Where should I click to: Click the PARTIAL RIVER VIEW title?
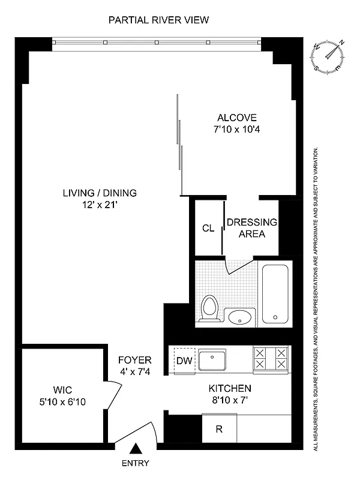(x=158, y=20)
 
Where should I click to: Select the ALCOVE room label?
(x=237, y=118)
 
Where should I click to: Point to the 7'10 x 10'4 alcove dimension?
(x=237, y=130)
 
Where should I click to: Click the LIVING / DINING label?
(x=100, y=193)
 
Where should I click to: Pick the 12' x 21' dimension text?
(x=100, y=205)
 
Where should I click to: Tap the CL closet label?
(x=208, y=228)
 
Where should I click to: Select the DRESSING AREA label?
(x=252, y=228)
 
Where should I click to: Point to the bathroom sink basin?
(x=241, y=316)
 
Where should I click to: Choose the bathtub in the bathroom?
(x=275, y=293)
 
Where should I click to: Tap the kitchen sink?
(x=212, y=361)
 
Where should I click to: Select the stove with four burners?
(x=271, y=358)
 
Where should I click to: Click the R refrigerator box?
(x=219, y=429)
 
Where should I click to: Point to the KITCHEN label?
(x=230, y=388)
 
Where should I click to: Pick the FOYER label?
(x=134, y=360)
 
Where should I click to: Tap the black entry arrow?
(x=136, y=448)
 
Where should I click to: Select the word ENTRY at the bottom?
(x=135, y=463)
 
